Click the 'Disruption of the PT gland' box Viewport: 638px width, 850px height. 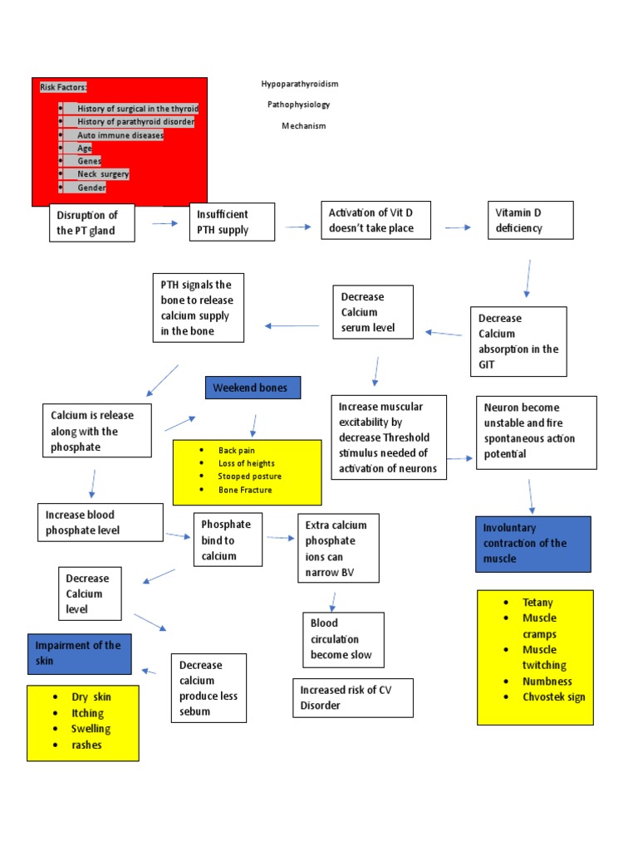tap(91, 222)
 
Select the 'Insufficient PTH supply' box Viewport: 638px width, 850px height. tap(232, 222)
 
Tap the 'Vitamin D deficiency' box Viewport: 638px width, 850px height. tap(529, 220)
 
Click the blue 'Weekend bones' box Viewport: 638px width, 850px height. tap(253, 388)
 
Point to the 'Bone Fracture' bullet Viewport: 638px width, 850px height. tap(245, 490)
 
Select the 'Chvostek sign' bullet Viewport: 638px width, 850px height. tap(553, 696)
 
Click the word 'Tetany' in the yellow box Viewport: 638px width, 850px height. tap(537, 603)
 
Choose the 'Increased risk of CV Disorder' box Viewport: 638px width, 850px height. tap(352, 697)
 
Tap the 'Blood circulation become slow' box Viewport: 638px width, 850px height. tap(343, 639)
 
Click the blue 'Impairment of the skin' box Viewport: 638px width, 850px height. tap(79, 653)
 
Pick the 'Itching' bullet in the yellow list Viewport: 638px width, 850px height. tap(87, 713)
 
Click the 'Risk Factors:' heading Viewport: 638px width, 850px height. tap(63, 87)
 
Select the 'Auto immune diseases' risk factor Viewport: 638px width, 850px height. tap(120, 134)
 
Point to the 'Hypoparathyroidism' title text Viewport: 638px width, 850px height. tap(300, 85)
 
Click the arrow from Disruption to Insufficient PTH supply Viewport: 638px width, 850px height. tap(164, 223)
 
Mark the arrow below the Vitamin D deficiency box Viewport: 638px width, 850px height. tap(527, 278)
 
